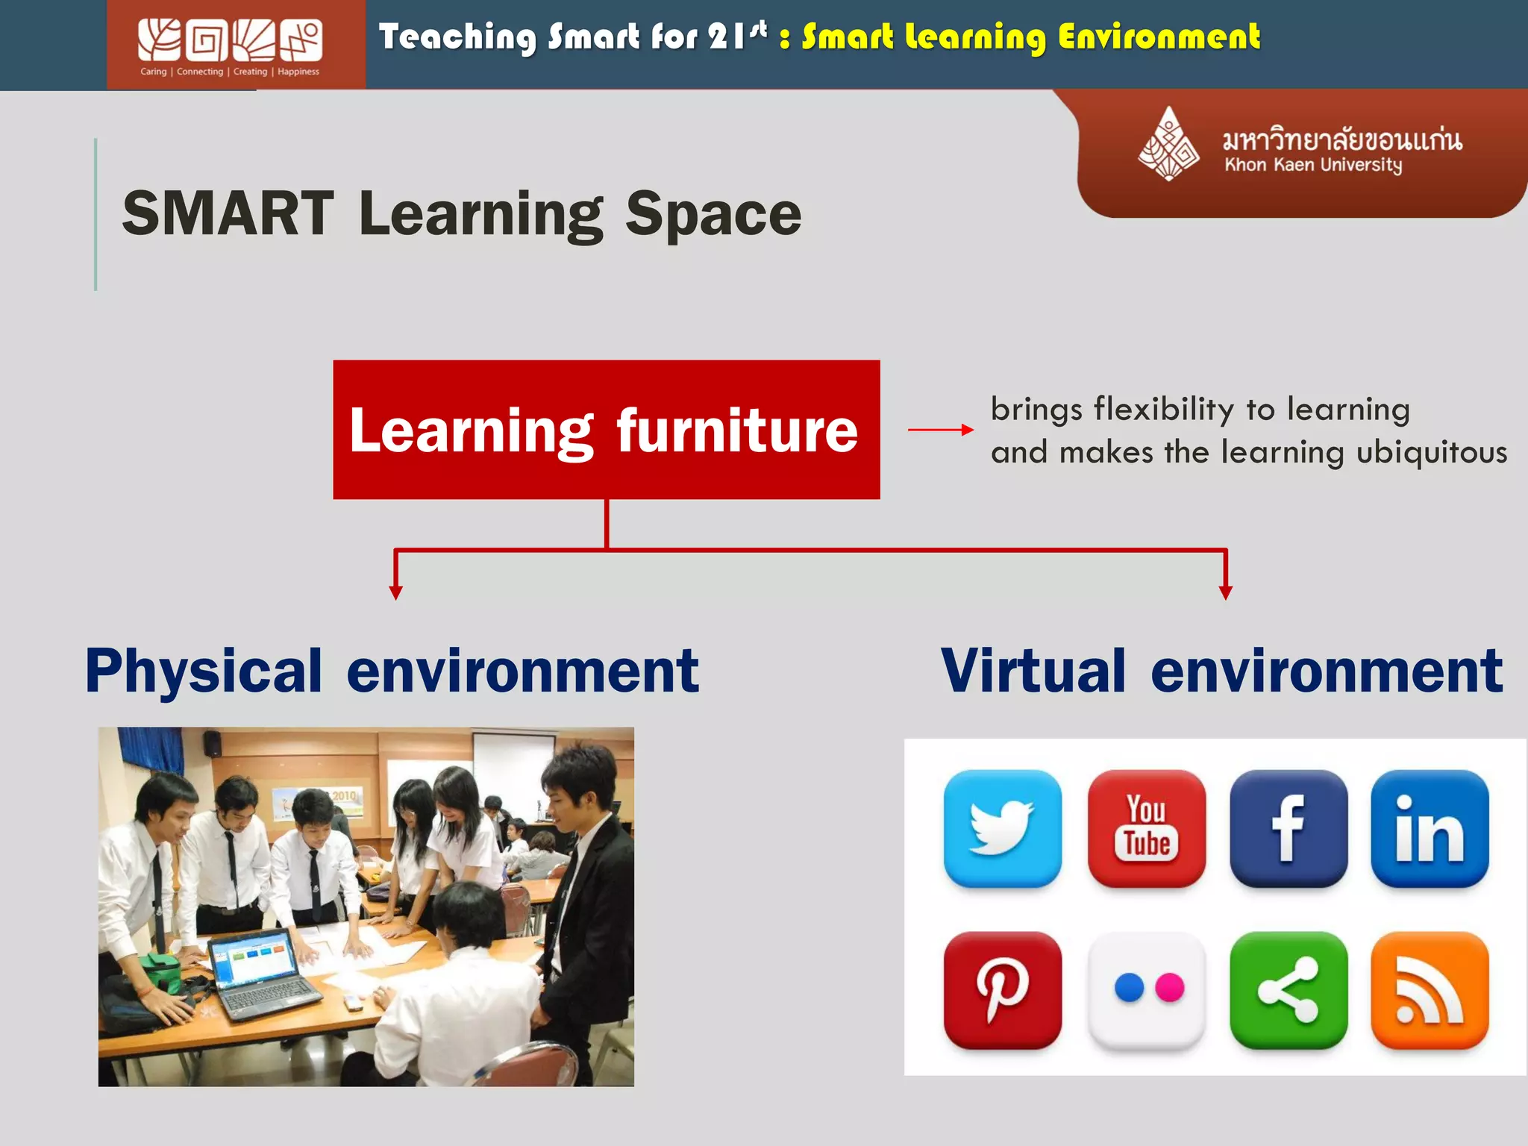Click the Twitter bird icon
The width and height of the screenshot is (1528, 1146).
[1002, 828]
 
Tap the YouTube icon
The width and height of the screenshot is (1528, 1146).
[1147, 828]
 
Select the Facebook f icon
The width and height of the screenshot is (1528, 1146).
[1289, 828]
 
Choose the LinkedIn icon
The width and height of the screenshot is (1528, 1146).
[1430, 828]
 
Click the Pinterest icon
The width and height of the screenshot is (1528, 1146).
[1002, 990]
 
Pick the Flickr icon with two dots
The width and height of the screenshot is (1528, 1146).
[1147, 990]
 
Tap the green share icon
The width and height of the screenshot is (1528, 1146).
[1289, 990]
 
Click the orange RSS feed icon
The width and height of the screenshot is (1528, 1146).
[1430, 990]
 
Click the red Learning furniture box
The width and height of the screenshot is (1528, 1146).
[606, 430]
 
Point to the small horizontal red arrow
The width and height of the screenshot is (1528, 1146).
[940, 430]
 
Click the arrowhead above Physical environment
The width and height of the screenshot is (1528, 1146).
[395, 592]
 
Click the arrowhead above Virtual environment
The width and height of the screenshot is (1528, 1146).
[1225, 592]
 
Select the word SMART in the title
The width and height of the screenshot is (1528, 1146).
[228, 214]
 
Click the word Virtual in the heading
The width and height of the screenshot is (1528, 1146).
[1033, 671]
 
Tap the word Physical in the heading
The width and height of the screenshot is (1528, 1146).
[204, 671]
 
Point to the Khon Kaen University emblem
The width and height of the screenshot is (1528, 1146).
[1168, 144]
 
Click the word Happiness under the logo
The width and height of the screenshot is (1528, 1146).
[298, 72]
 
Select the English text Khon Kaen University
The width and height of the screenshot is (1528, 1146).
[1312, 165]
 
